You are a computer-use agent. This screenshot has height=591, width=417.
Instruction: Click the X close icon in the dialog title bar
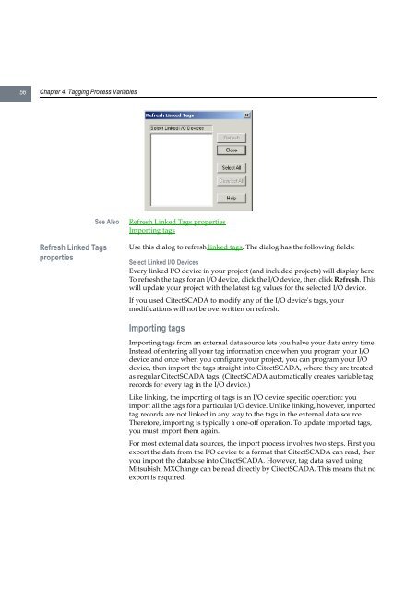[x=246, y=115]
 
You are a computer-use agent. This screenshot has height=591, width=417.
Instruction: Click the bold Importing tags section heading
[x=162, y=326]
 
